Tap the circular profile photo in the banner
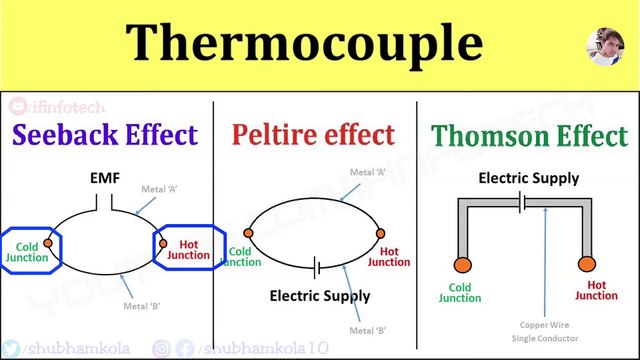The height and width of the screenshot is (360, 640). click(x=606, y=46)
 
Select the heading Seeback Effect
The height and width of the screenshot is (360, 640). click(x=105, y=134)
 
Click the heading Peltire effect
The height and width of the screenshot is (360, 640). click(x=313, y=134)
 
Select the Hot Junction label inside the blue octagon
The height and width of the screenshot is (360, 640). click(x=186, y=249)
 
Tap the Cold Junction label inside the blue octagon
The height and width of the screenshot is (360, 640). click(x=26, y=249)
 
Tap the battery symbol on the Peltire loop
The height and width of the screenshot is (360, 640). click(x=316, y=268)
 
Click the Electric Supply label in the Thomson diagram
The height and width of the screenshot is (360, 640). click(x=528, y=179)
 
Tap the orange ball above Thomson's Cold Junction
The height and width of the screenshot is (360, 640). click(x=462, y=266)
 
